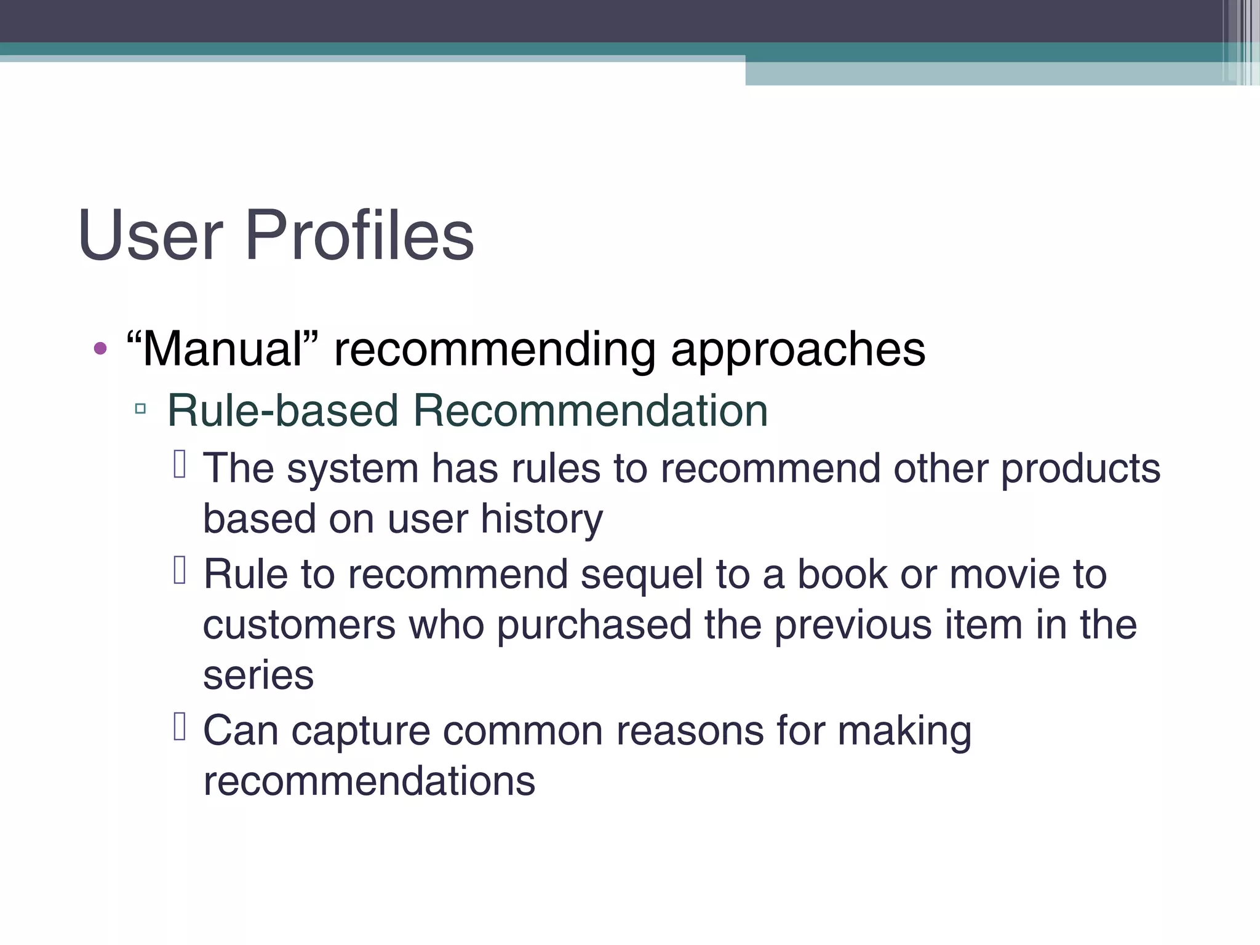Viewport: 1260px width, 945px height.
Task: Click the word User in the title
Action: (x=150, y=235)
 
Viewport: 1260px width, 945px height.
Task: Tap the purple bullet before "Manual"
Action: (x=100, y=349)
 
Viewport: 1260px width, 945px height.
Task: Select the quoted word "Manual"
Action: (x=222, y=349)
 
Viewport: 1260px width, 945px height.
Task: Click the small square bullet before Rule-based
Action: (x=140, y=409)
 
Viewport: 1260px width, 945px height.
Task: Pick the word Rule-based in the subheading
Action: (x=282, y=410)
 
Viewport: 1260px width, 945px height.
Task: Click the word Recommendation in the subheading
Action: (x=590, y=410)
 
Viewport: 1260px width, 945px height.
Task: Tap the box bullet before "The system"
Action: (x=180, y=465)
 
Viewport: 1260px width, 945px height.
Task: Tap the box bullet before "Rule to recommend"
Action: (x=180, y=570)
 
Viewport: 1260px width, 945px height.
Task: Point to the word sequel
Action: (x=641, y=575)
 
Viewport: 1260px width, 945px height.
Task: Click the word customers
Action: (x=299, y=625)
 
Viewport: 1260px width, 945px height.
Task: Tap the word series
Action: (x=258, y=676)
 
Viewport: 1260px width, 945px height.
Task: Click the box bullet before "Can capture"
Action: (x=180, y=726)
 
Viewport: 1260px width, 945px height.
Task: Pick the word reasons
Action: (x=690, y=731)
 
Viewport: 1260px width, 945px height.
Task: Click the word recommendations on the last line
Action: (x=369, y=781)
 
